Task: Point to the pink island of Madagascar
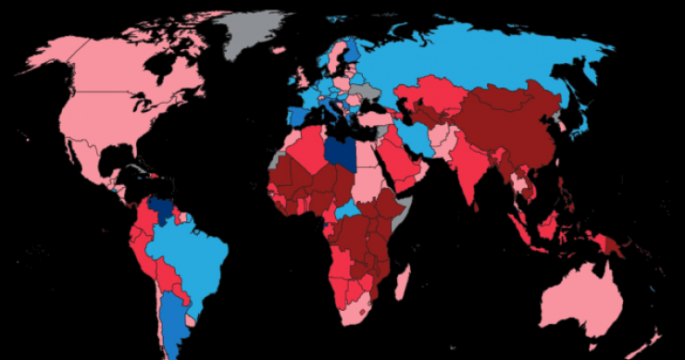point(403,281)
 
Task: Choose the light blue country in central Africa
point(349,211)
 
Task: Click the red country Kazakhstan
point(430,99)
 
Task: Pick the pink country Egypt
point(368,155)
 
